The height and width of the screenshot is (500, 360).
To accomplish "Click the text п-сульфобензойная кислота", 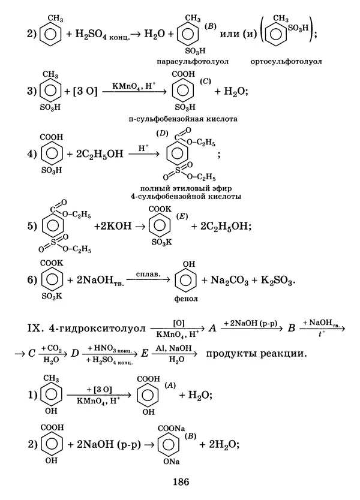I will click(182, 119).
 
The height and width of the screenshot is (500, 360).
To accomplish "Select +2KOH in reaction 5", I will click(112, 227).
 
